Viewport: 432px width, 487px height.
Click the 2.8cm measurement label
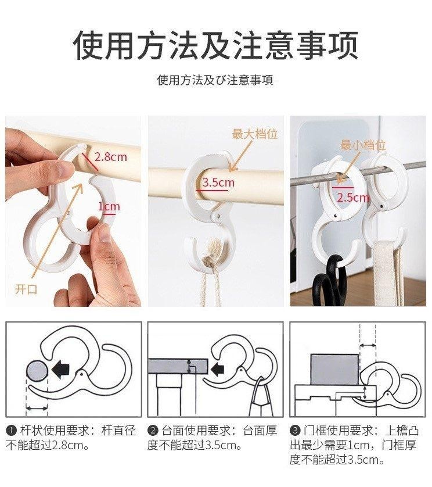coord(111,157)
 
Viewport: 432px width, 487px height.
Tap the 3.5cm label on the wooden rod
coord(218,182)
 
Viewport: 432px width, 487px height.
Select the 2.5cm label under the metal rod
coord(353,198)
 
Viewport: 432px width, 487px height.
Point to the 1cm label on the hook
coord(109,206)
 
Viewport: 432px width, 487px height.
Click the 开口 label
coord(26,289)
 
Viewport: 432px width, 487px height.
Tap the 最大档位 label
coord(255,134)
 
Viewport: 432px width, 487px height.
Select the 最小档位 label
coord(363,145)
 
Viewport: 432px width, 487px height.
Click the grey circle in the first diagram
coord(37,372)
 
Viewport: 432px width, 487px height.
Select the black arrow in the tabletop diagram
coord(217,369)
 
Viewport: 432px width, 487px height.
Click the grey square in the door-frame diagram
coord(335,369)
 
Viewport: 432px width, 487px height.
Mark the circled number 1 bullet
coord(11,431)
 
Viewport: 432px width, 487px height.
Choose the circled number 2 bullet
coord(153,431)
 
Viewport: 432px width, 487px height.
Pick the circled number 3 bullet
coord(295,431)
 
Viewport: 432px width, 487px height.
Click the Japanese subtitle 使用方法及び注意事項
coord(215,80)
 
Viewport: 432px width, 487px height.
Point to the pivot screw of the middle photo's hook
coord(218,215)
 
